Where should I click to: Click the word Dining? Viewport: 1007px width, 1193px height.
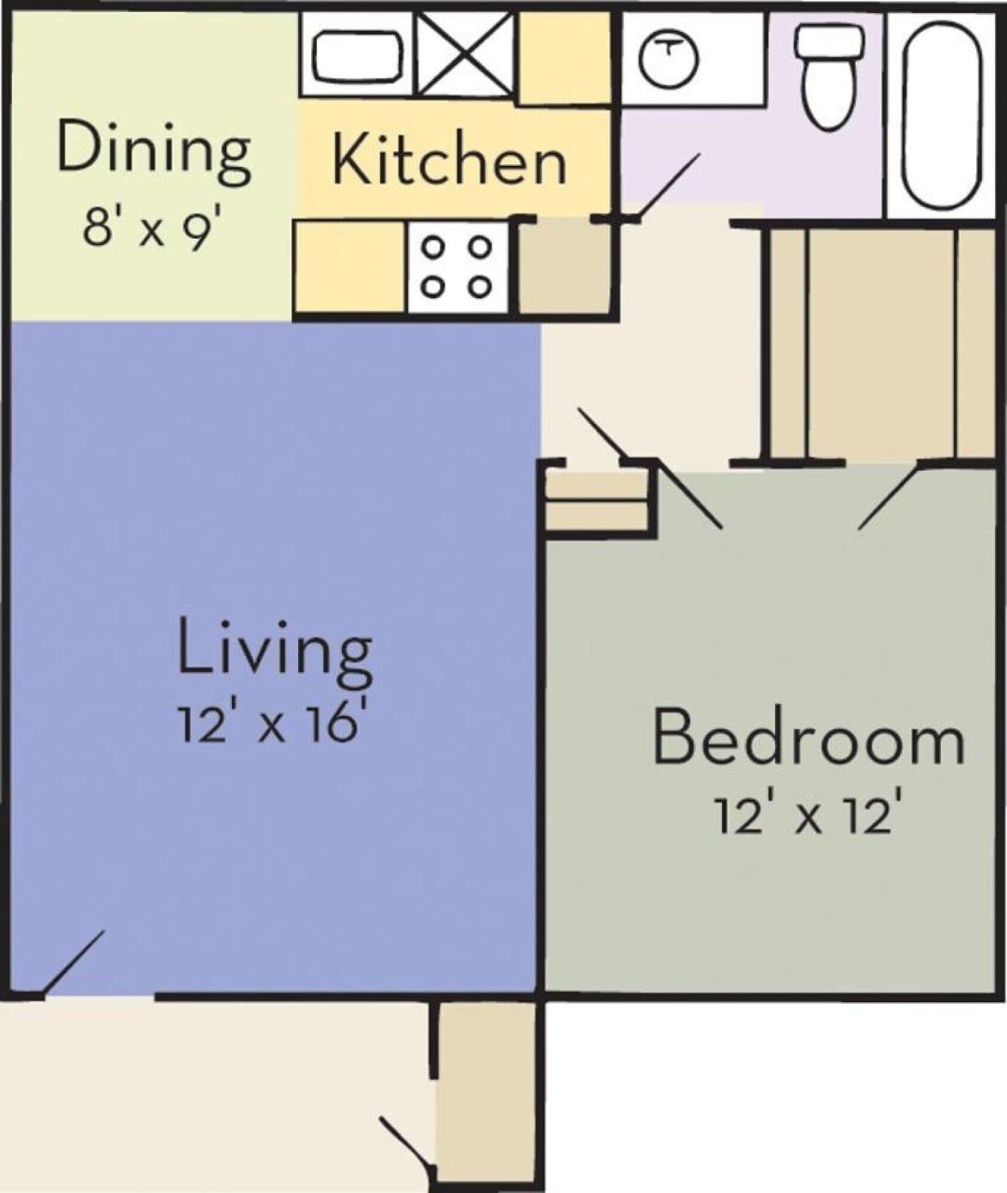tap(154, 151)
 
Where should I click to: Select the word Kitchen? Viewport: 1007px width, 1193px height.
tap(449, 159)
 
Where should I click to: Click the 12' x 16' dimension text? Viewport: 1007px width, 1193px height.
tap(268, 723)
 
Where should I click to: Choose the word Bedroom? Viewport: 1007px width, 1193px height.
tap(808, 740)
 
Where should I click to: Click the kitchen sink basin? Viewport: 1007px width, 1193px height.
tap(357, 57)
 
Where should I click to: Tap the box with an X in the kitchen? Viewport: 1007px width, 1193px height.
tap(464, 54)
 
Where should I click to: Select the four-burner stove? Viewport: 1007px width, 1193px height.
tap(456, 267)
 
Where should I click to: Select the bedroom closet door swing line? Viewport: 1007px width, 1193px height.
tap(890, 496)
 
